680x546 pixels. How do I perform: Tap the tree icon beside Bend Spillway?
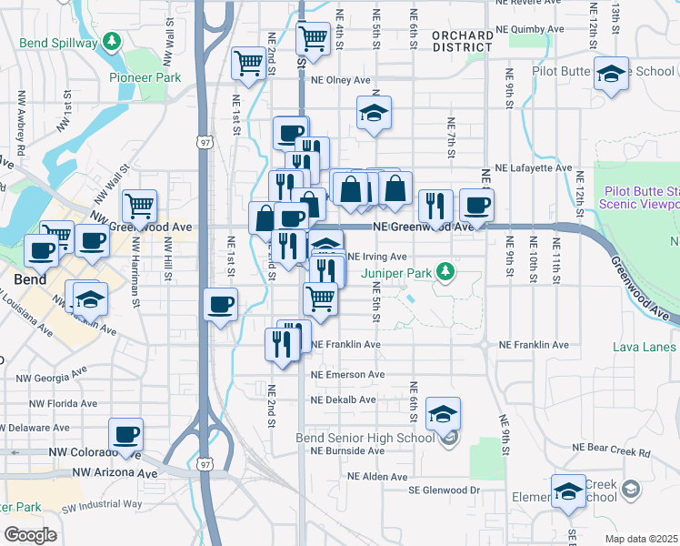[111, 42]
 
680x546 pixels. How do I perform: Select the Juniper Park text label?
[397, 271]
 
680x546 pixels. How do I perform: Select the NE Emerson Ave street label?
[348, 375]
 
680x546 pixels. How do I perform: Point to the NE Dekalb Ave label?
[343, 399]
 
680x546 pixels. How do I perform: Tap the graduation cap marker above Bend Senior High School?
[443, 413]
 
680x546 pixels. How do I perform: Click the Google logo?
[30, 534]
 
